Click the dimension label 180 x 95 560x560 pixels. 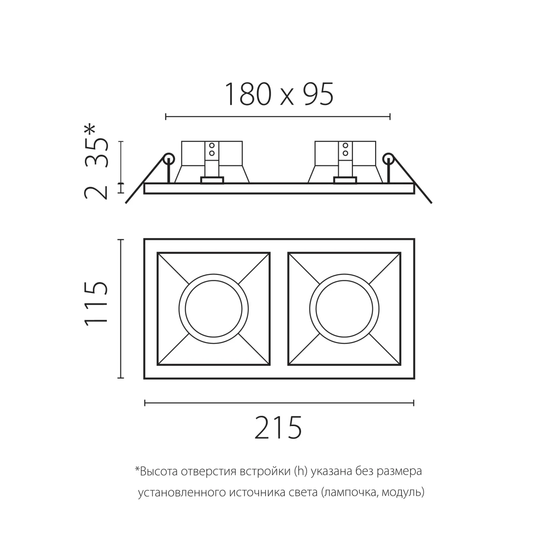279,94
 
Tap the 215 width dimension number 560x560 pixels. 279,428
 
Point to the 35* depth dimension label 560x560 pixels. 96,146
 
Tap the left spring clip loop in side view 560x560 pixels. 169,159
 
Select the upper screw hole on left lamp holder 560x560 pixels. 212,145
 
